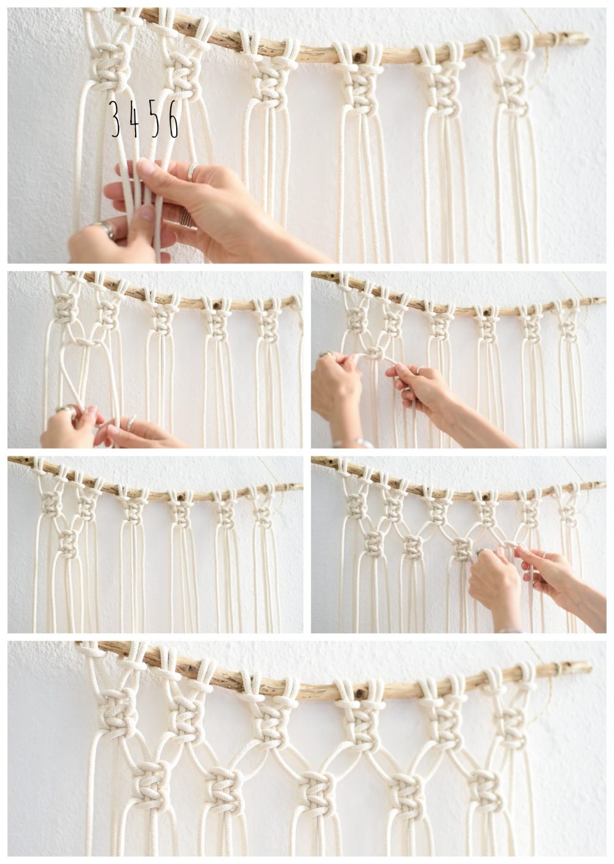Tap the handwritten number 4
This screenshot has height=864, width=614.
[x=134, y=119]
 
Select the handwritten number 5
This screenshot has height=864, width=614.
[x=155, y=119]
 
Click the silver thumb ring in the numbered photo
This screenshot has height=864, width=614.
[x=105, y=229]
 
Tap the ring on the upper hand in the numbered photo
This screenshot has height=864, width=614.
[x=193, y=171]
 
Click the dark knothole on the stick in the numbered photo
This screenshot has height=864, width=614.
[x=357, y=57]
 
